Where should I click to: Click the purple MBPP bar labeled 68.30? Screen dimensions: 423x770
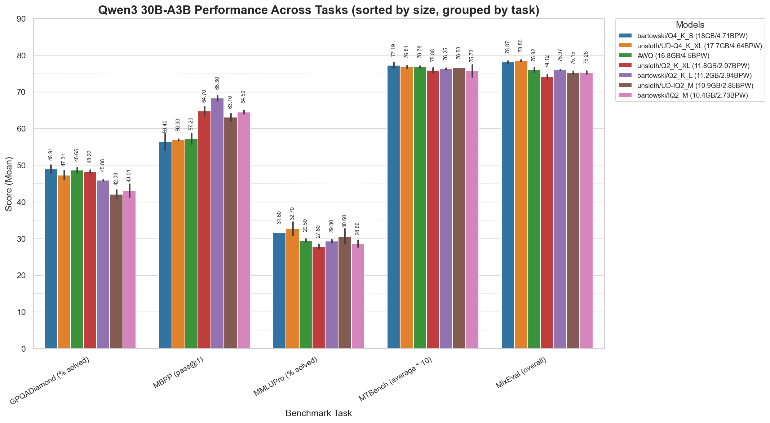click(217, 223)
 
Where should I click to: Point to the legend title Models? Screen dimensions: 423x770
click(690, 25)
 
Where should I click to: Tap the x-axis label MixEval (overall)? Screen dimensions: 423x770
click(521, 373)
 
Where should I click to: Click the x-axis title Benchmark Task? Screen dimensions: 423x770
click(319, 413)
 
